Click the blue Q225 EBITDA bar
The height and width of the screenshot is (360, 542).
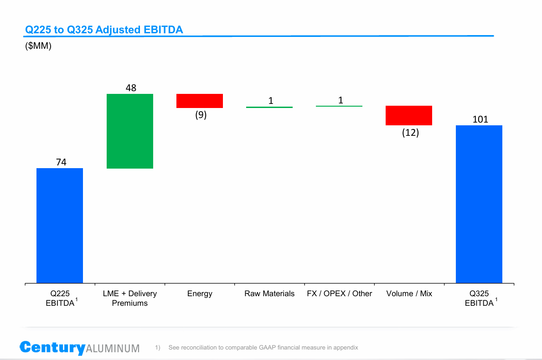point(60,226)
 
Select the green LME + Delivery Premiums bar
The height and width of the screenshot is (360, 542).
point(130,131)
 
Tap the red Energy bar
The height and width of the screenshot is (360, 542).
point(200,101)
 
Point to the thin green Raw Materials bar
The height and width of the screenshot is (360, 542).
point(269,107)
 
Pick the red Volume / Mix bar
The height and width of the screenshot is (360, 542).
point(409,115)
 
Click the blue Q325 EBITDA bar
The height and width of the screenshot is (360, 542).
point(479,204)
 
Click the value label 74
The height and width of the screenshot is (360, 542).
point(62,162)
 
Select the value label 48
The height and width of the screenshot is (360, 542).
point(131,88)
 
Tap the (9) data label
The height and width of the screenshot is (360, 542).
point(201,115)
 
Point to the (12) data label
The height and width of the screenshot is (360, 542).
point(410,133)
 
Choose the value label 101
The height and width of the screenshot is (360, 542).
point(480,119)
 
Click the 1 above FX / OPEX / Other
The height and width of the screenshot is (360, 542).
point(341,100)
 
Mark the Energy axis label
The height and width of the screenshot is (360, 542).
point(200,293)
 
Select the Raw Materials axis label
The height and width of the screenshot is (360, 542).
point(269,293)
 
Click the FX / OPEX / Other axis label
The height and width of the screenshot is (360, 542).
point(340,293)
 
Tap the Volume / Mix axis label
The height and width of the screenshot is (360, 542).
point(409,293)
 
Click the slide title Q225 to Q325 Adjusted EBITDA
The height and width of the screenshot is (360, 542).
point(104,30)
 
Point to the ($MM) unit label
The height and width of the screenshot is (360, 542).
point(38,46)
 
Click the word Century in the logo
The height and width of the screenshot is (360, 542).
point(52,347)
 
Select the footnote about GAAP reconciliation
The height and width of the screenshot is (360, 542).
point(263,348)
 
